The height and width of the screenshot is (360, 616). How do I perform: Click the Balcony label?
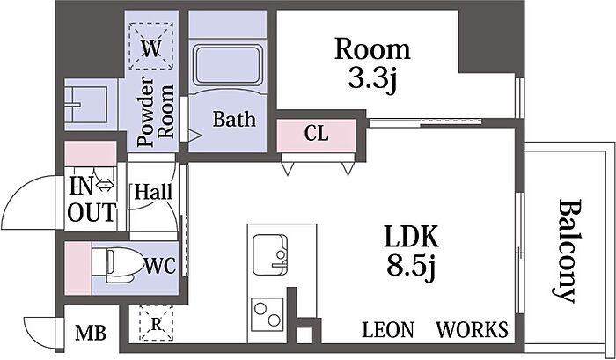[566, 251]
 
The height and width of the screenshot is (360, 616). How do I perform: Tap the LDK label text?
[411, 236]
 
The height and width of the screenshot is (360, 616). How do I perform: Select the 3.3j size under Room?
[372, 79]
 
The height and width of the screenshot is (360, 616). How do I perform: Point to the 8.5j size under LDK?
[411, 267]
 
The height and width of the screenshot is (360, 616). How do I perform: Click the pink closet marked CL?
[317, 136]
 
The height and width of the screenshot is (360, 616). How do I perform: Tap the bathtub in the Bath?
[227, 65]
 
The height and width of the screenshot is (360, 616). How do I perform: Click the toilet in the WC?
[120, 265]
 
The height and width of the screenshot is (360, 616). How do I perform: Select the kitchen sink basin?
[270, 254]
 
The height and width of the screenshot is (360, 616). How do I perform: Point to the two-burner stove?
[268, 314]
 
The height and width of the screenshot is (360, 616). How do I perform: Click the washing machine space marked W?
[151, 46]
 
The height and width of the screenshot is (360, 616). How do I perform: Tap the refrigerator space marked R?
[157, 323]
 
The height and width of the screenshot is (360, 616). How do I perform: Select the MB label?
[91, 334]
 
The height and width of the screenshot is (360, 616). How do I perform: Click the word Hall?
[154, 192]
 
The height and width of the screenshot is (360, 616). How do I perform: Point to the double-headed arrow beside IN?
[105, 185]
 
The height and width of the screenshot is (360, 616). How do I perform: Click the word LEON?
[388, 329]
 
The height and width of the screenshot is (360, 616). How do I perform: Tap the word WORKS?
[473, 329]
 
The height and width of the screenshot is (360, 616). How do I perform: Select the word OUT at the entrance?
[92, 213]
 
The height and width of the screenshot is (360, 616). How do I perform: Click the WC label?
[160, 266]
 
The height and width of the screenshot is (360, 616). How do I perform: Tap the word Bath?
[234, 119]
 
